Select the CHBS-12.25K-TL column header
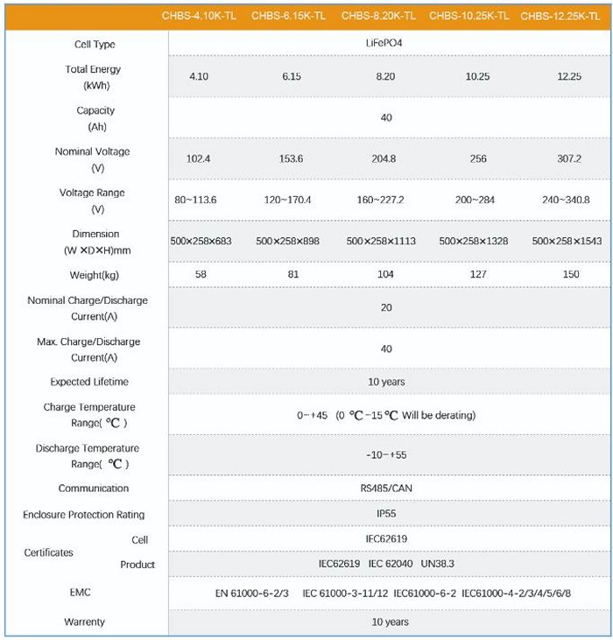[561, 16]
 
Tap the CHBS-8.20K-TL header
[378, 16]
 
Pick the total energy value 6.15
[292, 77]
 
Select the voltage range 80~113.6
[196, 200]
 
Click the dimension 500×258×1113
[381, 241]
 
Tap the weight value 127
[476, 275]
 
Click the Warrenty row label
[84, 622]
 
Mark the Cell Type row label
[95, 45]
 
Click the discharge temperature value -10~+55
[386, 455]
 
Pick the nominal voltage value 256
[477, 159]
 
